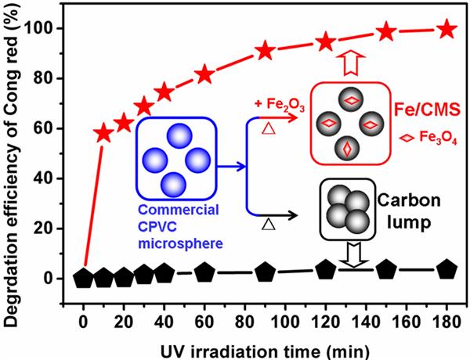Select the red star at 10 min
coord(103,133)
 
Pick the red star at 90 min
coord(265,51)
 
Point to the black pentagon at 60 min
coord(204,272)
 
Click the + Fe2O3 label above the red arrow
coord(272,103)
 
